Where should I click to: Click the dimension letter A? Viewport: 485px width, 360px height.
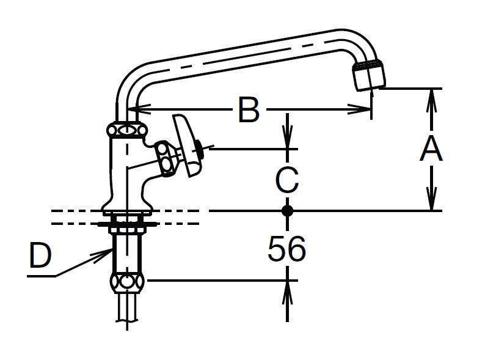431,150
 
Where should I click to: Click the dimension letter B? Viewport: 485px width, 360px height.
249,109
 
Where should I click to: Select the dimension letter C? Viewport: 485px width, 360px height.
287,180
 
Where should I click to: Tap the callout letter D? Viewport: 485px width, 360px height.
40,255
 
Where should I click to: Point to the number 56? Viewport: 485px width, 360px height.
286,248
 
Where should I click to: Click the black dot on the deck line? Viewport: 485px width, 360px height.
287,211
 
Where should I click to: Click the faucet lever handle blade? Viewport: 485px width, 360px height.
186,145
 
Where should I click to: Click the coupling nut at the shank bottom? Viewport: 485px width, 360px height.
127,282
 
